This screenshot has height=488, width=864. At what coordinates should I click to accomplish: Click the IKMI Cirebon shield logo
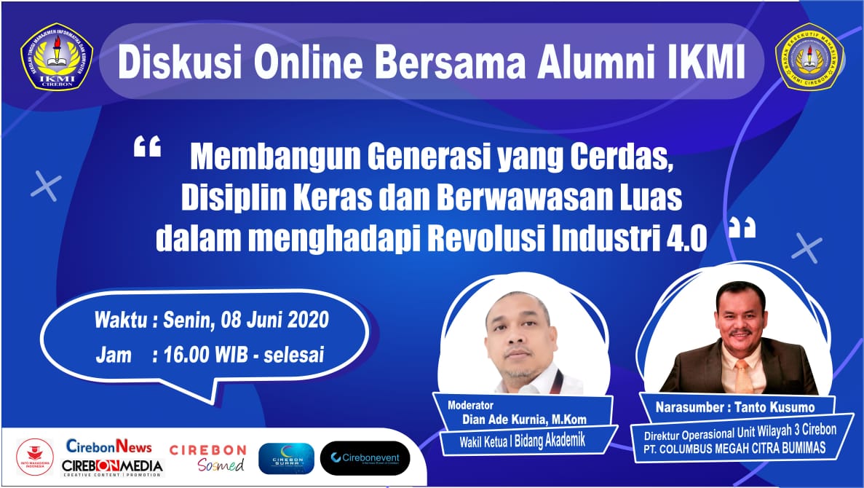click(x=56, y=62)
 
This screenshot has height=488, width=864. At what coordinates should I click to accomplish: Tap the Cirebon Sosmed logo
click(x=207, y=458)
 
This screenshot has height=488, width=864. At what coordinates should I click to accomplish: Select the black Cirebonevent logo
click(x=365, y=458)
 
